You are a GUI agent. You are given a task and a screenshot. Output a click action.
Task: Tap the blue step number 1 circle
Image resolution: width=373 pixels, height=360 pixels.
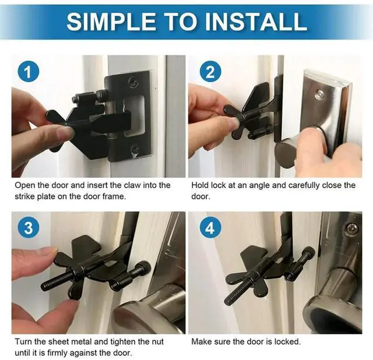pos(28,71)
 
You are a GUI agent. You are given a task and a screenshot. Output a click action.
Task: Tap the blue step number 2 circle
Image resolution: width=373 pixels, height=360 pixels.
pos(210,71)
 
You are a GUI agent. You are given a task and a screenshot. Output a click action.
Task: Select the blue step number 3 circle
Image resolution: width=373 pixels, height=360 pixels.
pos(28,227)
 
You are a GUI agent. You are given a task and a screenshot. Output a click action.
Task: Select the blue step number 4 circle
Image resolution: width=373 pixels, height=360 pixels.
pos(210,227)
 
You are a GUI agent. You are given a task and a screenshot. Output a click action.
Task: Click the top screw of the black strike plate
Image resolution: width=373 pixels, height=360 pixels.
pos(133,83)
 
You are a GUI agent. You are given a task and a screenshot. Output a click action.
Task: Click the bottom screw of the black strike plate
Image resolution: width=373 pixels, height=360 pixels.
pos(135,149)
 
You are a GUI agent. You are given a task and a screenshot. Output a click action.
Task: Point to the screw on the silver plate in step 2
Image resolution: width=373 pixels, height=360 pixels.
pos(319,94)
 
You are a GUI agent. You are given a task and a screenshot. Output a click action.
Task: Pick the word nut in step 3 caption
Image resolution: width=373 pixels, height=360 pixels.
pos(157,342)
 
